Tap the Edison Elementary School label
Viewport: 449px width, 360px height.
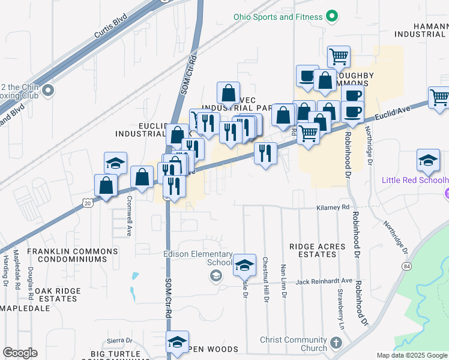pyautogui.click(x=197, y=258)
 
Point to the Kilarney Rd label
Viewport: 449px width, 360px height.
pyautogui.click(x=333, y=208)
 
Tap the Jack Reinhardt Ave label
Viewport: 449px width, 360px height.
pyautogui.click(x=324, y=281)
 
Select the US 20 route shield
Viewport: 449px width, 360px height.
pyautogui.click(x=88, y=203)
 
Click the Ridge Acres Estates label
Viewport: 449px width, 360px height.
pyautogui.click(x=317, y=250)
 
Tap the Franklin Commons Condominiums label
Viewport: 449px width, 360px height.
pyautogui.click(x=72, y=255)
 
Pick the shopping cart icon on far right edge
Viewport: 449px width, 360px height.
pyautogui.click(x=439, y=97)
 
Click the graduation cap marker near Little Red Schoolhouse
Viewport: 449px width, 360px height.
pyautogui.click(x=428, y=161)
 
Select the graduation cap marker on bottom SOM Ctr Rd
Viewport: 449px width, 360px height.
pyautogui.click(x=177, y=342)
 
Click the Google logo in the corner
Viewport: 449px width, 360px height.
pyautogui.click(x=20, y=353)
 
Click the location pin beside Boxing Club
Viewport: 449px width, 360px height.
pyautogui.click(x=49, y=91)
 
